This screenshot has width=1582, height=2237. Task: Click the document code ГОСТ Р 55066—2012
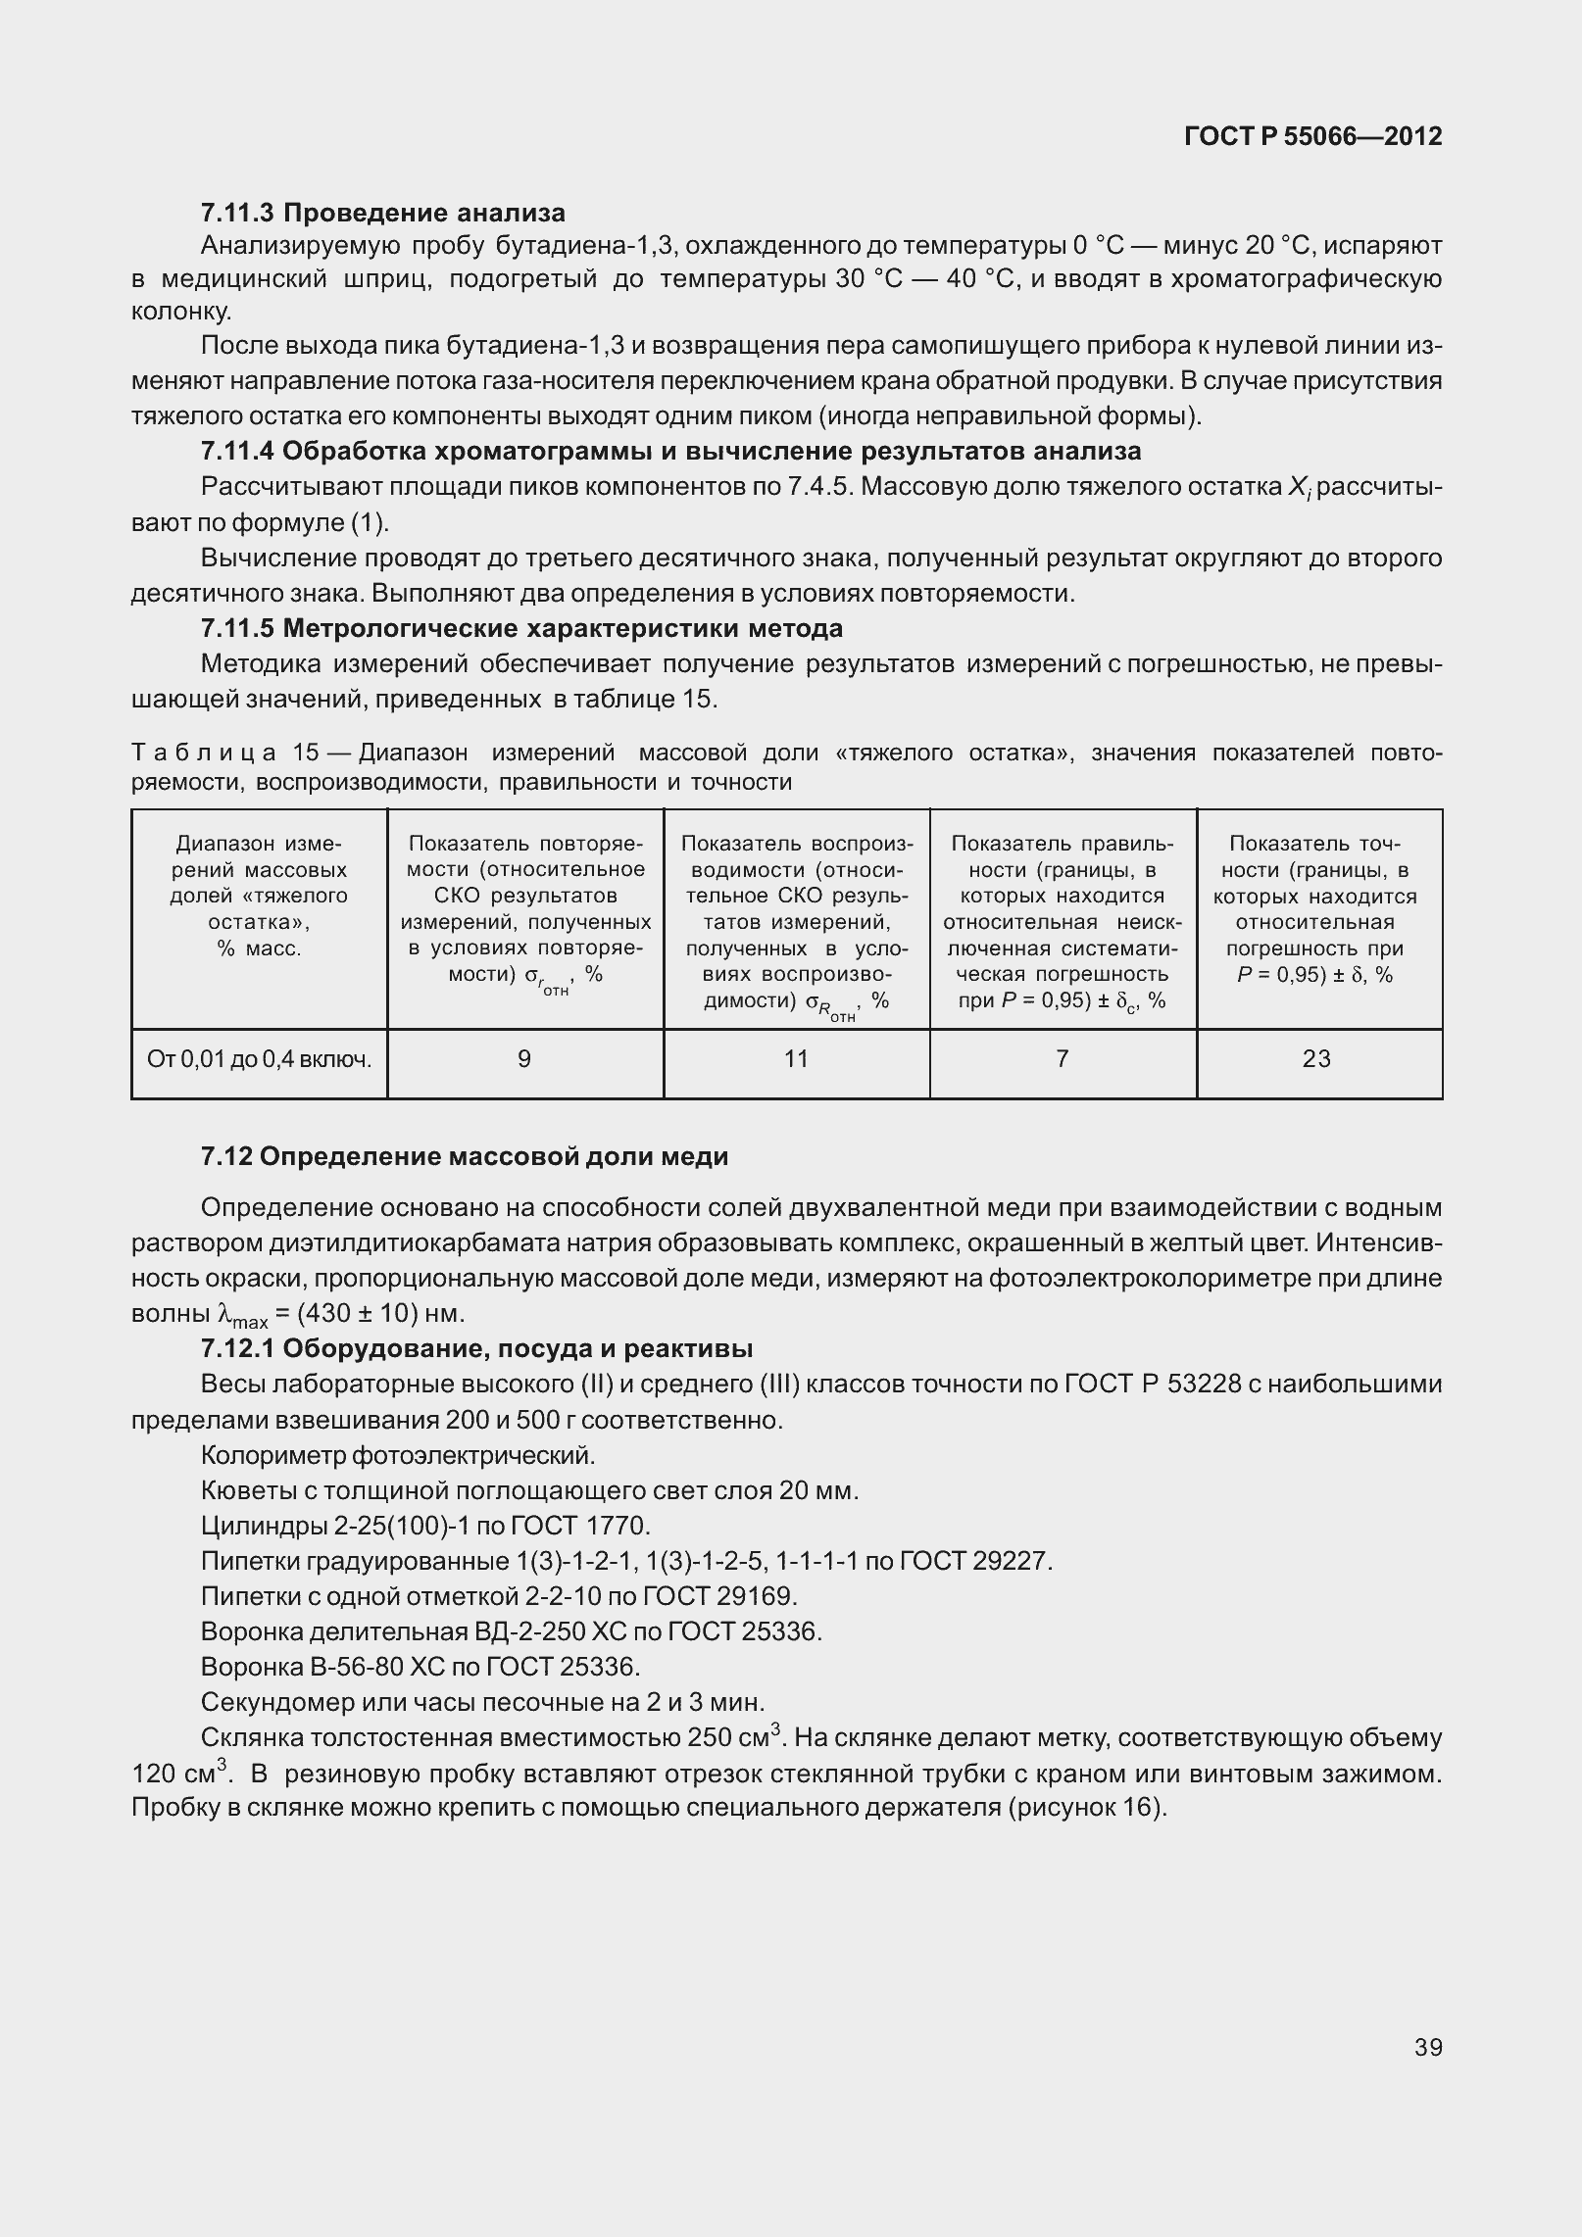click(x=1312, y=136)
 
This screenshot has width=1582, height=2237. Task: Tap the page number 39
click(x=1428, y=2047)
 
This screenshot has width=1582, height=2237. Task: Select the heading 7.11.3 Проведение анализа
click(x=382, y=213)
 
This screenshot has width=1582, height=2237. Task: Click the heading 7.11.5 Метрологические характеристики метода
click(x=520, y=628)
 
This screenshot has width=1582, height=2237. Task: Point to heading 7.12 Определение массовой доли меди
click(x=464, y=1156)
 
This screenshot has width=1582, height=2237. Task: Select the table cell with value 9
click(x=524, y=1059)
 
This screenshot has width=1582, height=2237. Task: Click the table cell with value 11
click(x=796, y=1059)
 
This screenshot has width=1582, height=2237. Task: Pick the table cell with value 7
click(x=1063, y=1059)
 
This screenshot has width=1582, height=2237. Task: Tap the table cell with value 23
click(x=1316, y=1059)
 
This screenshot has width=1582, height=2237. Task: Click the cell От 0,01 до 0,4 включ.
click(x=259, y=1059)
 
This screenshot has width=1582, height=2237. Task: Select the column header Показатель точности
click(x=1315, y=908)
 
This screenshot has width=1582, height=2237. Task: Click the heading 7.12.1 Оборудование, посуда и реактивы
click(x=476, y=1348)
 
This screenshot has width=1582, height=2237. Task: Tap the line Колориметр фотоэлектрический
click(x=398, y=1454)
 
